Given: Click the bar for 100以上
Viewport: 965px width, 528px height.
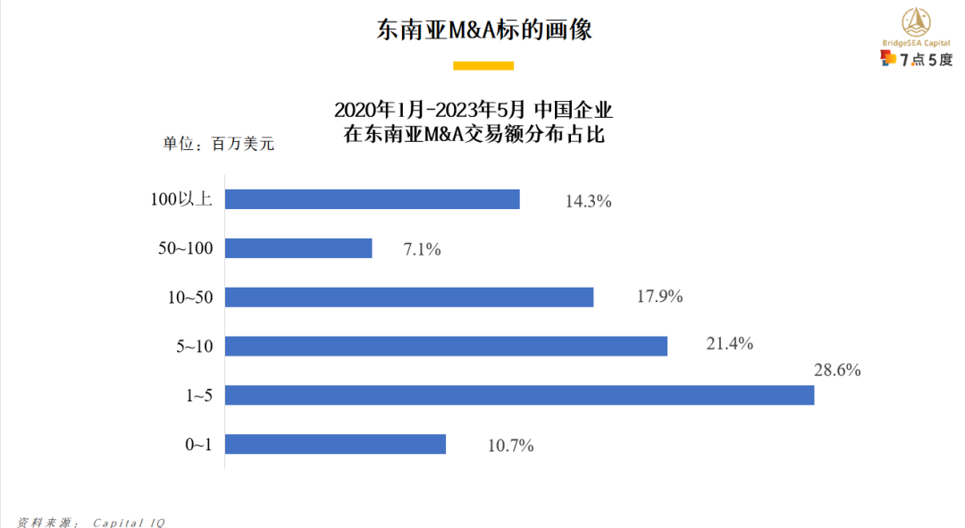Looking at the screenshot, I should [x=372, y=199].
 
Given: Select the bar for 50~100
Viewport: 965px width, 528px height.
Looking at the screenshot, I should [x=298, y=248].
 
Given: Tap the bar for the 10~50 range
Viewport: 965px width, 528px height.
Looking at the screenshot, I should [x=409, y=297].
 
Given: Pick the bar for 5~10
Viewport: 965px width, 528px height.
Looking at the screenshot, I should [x=446, y=346].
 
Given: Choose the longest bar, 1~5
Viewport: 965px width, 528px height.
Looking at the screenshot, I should [x=519, y=395].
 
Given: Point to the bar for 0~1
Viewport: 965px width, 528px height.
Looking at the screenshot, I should [x=335, y=444].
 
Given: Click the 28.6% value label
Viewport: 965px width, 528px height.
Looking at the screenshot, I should [x=837, y=370].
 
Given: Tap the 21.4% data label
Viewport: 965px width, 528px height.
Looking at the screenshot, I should [x=730, y=343].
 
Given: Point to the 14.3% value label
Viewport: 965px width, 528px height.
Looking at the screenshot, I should [x=588, y=201].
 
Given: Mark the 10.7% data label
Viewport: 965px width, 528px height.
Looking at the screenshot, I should [x=511, y=445].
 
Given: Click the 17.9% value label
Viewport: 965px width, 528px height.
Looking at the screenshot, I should [x=659, y=297].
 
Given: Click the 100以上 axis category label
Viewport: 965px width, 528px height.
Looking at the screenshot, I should [x=181, y=199].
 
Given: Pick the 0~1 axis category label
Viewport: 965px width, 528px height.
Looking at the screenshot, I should [x=198, y=444].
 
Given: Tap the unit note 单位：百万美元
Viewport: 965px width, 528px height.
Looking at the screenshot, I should [x=218, y=143].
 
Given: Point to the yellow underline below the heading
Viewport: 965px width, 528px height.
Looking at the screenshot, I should [x=483, y=65].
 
